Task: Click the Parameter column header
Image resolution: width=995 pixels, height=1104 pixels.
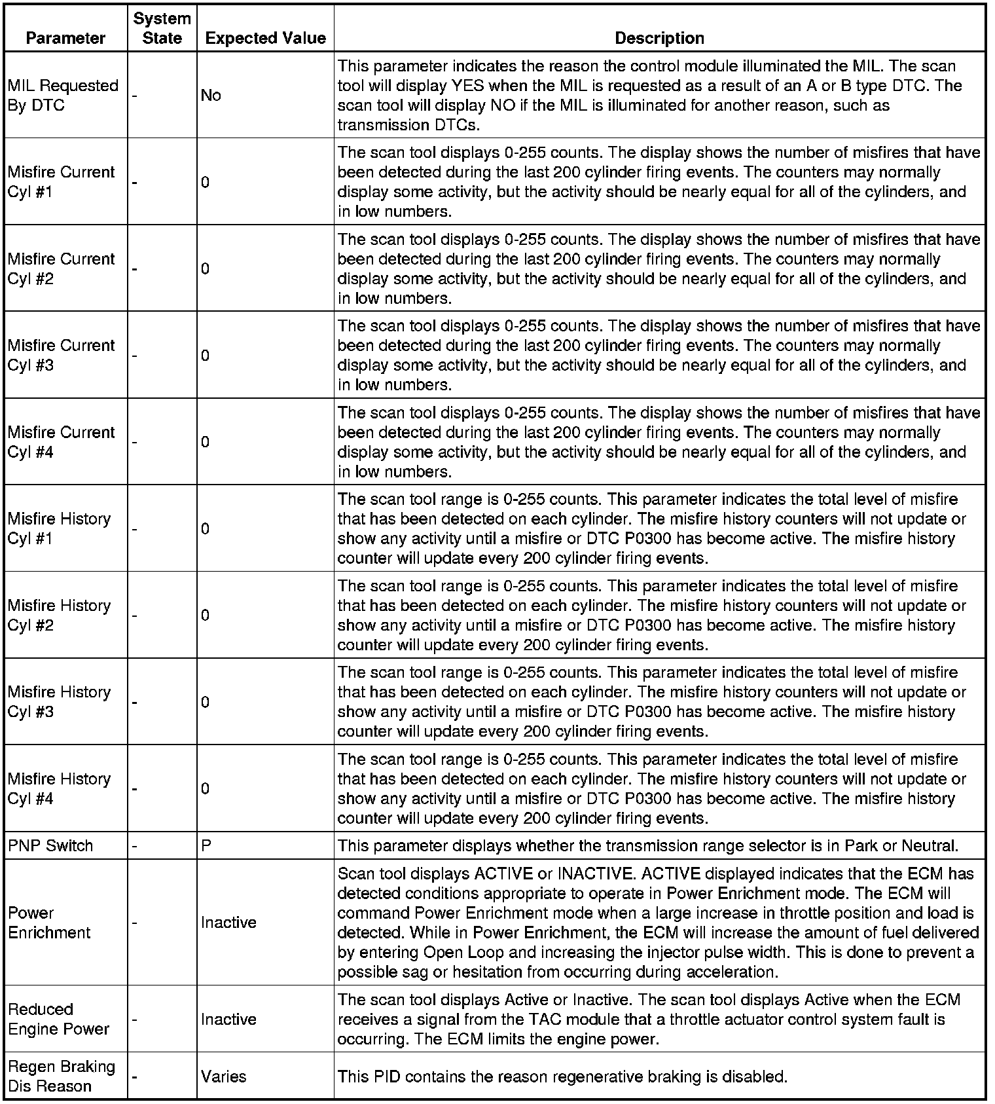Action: (x=65, y=38)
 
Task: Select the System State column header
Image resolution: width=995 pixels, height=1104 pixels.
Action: (x=162, y=28)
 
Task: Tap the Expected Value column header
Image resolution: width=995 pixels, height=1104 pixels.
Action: (x=265, y=38)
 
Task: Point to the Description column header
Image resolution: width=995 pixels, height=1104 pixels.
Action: (x=659, y=38)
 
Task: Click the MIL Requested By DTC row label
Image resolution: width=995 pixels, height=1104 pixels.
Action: (x=63, y=95)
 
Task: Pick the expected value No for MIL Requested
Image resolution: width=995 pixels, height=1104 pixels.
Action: (x=211, y=95)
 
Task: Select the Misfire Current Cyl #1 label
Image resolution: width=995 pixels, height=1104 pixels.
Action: (x=61, y=181)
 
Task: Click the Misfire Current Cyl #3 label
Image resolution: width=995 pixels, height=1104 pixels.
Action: (x=61, y=355)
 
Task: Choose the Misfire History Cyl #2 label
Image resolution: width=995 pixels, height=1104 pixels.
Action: (x=59, y=615)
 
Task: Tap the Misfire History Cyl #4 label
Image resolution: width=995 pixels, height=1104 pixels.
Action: (x=59, y=788)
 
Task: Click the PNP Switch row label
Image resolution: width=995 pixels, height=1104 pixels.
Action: (x=50, y=845)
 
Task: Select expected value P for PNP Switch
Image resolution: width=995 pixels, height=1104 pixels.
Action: (x=206, y=845)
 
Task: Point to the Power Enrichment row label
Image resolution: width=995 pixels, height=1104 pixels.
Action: (x=49, y=923)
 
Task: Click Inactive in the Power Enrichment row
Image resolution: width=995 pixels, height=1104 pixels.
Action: (x=228, y=923)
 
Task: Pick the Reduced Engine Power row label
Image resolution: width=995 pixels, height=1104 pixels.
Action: (x=58, y=1019)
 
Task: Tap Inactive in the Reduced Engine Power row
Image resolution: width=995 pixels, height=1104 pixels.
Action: (x=228, y=1019)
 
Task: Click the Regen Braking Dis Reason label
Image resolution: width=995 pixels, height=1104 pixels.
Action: (x=61, y=1076)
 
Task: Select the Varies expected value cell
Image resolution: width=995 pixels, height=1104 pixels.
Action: (x=223, y=1076)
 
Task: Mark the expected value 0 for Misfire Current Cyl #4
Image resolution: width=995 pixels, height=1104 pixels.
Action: (x=206, y=442)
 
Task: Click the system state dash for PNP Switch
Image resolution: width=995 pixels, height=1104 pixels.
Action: (x=134, y=846)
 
